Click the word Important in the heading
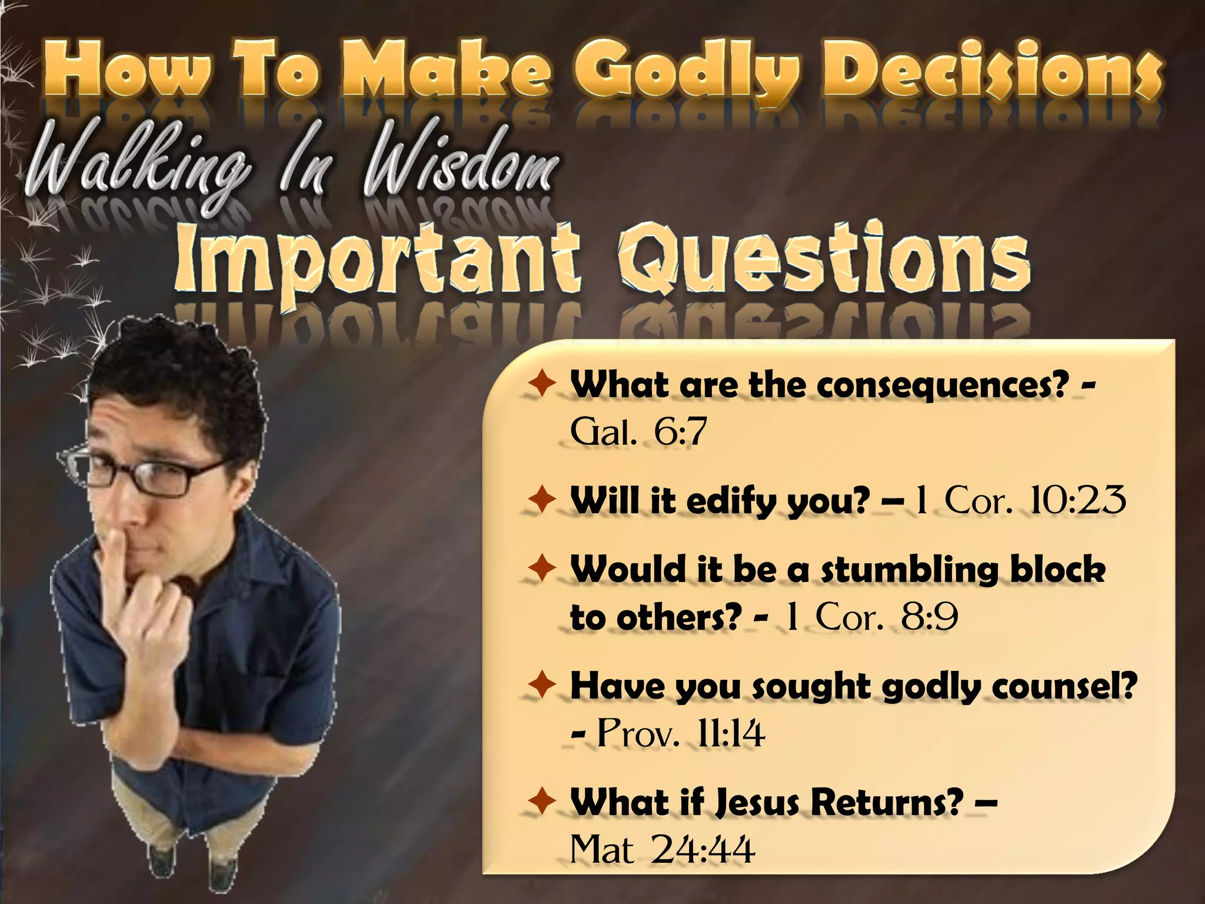pyautogui.click(x=377, y=262)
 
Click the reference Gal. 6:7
pyautogui.click(x=638, y=433)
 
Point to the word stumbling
pyautogui.click(x=909, y=570)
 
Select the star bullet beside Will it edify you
pyautogui.click(x=541, y=501)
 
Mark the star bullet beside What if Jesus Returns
pyautogui.click(x=541, y=801)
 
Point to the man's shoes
pyautogui.click(x=188, y=862)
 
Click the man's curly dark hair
pyautogui.click(x=177, y=377)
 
